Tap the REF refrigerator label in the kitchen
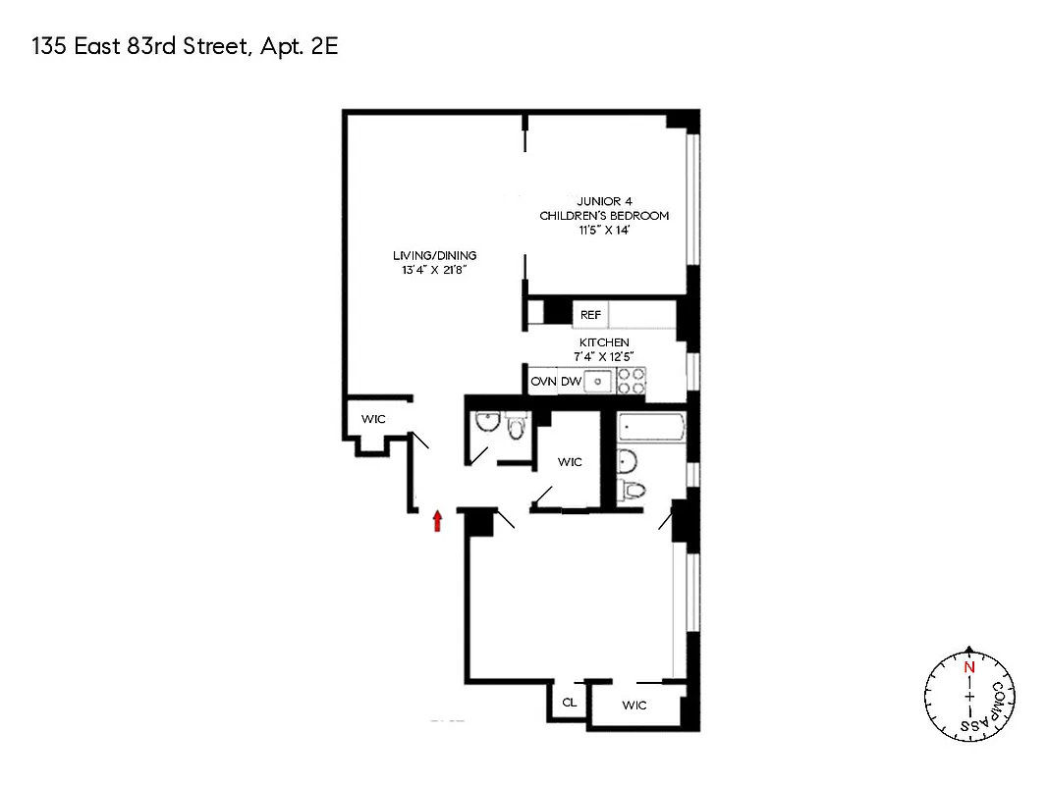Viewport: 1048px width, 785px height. (x=590, y=315)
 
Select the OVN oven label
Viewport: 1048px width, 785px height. (x=543, y=381)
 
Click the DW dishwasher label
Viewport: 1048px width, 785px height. (x=571, y=381)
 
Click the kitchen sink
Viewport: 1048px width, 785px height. (x=599, y=381)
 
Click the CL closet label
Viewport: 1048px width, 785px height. (x=569, y=704)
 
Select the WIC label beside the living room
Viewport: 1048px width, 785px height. (x=372, y=419)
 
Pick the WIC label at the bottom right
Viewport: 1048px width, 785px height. (x=634, y=705)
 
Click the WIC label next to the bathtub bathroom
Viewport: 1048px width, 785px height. (x=570, y=461)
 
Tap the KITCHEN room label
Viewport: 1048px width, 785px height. (x=604, y=342)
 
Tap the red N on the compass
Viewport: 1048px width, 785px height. (x=969, y=667)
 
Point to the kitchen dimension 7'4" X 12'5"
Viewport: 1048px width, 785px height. (x=604, y=355)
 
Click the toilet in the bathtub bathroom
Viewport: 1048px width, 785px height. (x=634, y=491)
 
